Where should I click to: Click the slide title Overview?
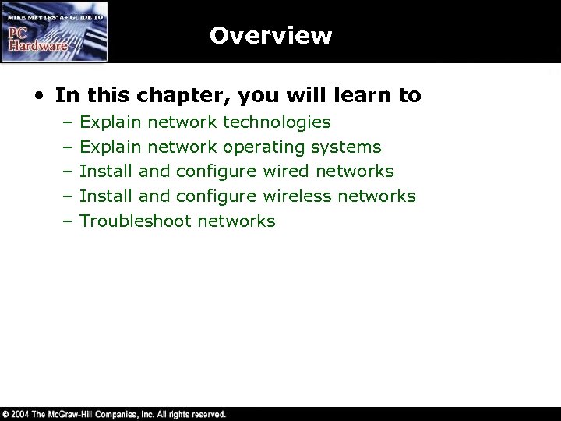pyautogui.click(x=270, y=36)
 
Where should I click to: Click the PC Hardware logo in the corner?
pyautogui.click(x=55, y=32)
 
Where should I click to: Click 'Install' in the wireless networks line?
pyautogui.click(x=107, y=196)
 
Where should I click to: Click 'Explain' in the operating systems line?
pyautogui.click(x=111, y=147)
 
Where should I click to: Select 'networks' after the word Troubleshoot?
pyautogui.click(x=236, y=221)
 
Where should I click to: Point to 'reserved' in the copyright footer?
pyautogui.click(x=207, y=415)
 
